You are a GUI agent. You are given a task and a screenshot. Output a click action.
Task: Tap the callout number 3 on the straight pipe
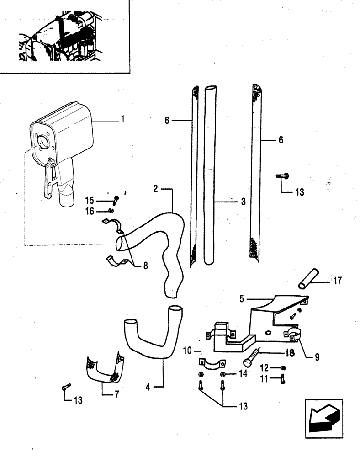(243, 201)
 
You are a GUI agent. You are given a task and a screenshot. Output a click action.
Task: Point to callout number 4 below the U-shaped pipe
(148, 387)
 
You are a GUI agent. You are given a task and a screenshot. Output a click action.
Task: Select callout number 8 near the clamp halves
(145, 265)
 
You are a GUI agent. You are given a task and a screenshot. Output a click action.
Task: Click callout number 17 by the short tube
(338, 280)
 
